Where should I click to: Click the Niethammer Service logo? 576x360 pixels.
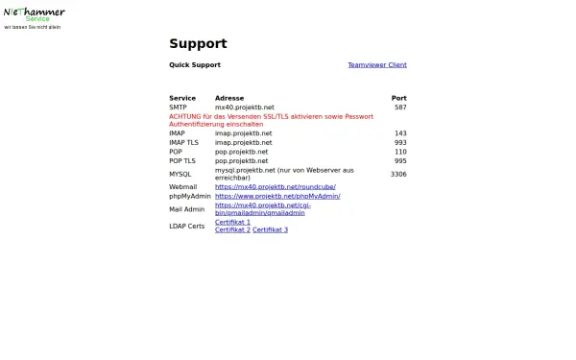(35, 14)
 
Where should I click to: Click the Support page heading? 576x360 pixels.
(198, 43)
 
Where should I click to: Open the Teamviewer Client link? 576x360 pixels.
(376, 65)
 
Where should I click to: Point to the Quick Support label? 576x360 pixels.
(195, 65)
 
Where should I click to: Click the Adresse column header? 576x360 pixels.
(229, 98)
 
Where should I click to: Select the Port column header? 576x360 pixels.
(398, 98)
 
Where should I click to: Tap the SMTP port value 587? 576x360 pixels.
(400, 108)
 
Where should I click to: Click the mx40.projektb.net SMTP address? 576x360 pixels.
(245, 108)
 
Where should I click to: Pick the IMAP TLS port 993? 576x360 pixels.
(400, 142)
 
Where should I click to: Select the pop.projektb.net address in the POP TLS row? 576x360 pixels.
(242, 160)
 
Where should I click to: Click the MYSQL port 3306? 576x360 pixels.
(398, 175)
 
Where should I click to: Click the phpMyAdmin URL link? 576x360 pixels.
(277, 196)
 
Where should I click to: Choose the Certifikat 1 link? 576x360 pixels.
(232, 222)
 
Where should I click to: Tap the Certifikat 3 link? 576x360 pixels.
(270, 230)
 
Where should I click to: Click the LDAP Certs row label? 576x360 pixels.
(186, 227)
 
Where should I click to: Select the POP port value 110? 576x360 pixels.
(400, 152)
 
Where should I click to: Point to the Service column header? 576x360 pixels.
(182, 98)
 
